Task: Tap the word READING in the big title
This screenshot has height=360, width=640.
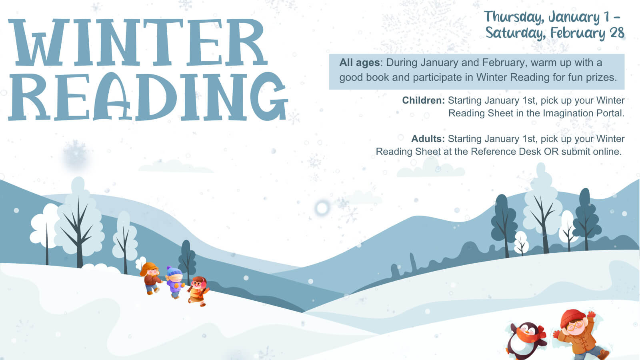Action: click(148, 96)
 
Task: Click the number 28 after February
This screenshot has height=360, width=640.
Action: click(617, 33)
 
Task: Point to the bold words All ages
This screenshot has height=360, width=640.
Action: click(360, 62)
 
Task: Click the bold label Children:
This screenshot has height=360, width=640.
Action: click(424, 100)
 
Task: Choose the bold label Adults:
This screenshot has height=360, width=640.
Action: click(428, 138)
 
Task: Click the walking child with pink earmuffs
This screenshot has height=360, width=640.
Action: click(198, 291)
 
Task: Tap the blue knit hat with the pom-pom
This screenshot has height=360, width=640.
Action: click(174, 271)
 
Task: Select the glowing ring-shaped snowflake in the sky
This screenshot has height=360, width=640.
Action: click(322, 208)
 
